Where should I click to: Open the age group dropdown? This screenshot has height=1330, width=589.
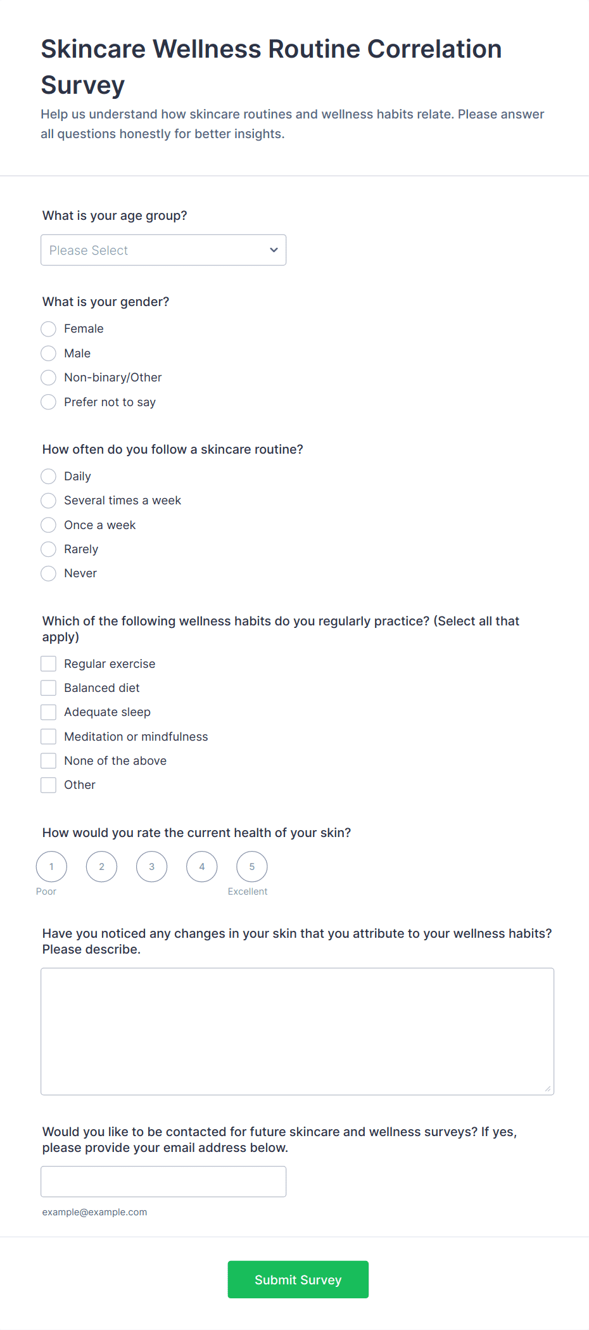163,250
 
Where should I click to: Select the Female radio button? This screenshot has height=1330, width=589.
49,329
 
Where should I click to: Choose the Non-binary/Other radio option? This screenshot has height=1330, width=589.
49,378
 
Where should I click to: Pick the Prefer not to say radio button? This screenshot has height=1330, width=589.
49,402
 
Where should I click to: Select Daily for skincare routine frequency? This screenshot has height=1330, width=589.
49,476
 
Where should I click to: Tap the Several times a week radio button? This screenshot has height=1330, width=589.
49,501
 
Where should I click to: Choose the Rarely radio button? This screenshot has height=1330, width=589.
49,549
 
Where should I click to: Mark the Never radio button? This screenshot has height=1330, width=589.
49,573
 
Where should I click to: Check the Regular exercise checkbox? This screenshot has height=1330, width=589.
49,663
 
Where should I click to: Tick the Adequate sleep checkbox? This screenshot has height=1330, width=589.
49,712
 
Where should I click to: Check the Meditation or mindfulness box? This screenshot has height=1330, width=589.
49,736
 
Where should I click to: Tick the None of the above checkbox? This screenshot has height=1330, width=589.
49,760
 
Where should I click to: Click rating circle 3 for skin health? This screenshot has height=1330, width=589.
152,867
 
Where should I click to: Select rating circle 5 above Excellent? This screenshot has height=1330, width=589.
252,867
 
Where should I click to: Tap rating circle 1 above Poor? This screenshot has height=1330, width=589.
51,867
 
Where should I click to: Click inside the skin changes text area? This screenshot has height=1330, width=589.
297,1031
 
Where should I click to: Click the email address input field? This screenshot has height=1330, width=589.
163,1182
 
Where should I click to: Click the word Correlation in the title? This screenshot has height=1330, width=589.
434,49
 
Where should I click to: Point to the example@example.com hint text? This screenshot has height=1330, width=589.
95,1212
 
